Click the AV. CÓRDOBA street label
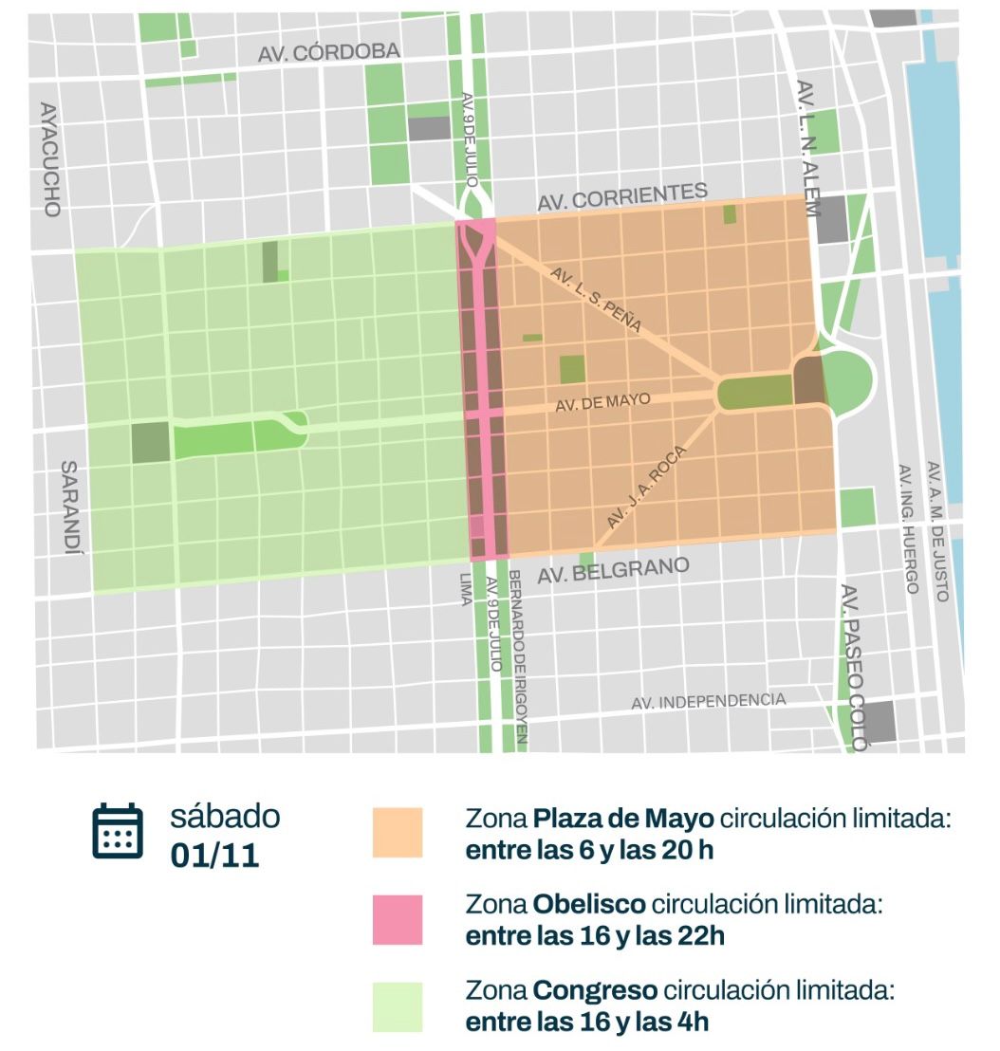point(329,53)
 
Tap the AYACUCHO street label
point(49,158)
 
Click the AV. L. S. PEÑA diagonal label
point(596,299)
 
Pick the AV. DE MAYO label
point(603,402)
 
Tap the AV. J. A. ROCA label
point(644,488)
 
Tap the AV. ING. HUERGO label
point(908,528)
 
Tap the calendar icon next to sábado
point(118,832)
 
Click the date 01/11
point(214,855)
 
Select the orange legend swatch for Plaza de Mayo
point(398,833)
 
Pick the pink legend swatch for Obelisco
point(398,919)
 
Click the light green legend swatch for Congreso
point(398,1006)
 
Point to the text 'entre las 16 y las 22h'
point(595,935)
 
